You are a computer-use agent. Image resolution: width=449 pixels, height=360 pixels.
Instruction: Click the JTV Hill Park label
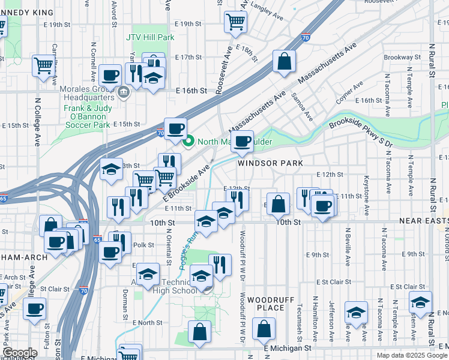coord(150,37)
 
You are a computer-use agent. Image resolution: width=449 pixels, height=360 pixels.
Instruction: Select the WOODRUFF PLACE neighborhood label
coord(265,303)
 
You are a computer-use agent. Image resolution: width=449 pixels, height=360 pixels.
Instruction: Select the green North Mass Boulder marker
coord(188,142)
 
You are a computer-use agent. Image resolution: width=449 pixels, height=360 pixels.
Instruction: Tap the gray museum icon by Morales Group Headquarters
coord(124,92)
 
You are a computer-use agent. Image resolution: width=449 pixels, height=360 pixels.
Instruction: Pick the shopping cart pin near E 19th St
coord(236,22)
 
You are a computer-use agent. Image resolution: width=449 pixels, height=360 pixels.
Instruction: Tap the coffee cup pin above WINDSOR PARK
coord(242,142)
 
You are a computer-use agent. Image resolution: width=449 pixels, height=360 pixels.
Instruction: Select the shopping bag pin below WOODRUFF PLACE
coord(264,329)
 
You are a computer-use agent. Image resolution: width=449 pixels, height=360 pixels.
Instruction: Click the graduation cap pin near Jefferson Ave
coord(356,312)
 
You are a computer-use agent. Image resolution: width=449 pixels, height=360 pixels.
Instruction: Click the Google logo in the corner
coord(20,353)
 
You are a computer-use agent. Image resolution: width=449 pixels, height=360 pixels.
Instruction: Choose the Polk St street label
coord(139,245)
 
